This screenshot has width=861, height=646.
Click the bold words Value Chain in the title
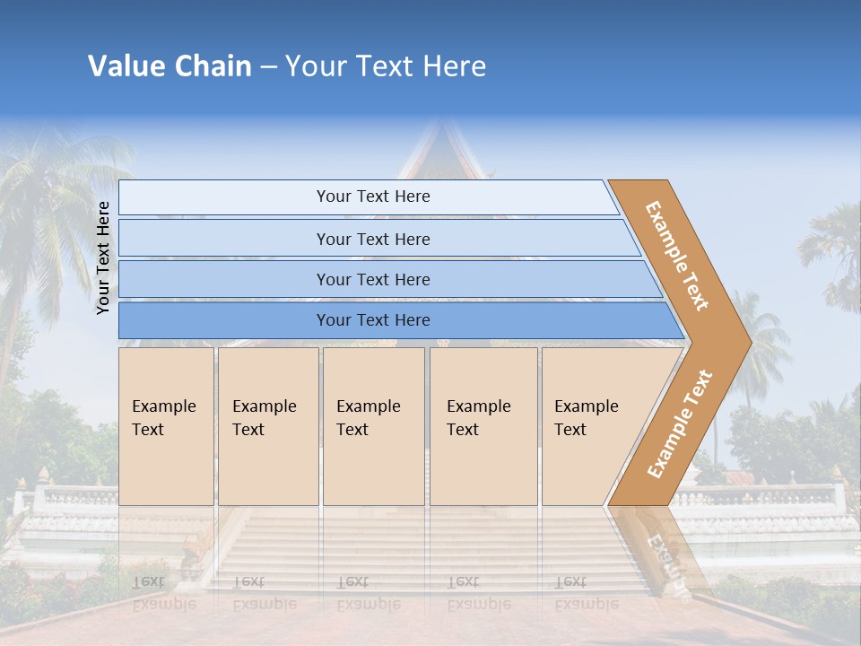tap(170, 66)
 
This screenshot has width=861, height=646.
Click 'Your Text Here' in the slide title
tap(386, 66)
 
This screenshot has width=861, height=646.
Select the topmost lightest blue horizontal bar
tap(372, 196)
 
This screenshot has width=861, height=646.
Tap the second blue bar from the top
tap(373, 239)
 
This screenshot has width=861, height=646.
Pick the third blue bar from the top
tap(373, 279)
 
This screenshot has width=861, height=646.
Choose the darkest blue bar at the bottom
tap(373, 320)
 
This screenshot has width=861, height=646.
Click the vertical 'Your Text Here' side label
tap(103, 258)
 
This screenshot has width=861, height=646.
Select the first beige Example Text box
tap(166, 426)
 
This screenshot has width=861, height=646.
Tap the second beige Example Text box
tap(267, 426)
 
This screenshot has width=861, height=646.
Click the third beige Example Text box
tap(373, 426)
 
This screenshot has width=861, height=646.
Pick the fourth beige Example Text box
tap(483, 426)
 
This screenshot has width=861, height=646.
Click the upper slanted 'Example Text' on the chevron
tap(678, 256)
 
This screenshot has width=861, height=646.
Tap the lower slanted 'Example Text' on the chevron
tap(680, 423)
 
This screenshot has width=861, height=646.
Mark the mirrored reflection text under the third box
tap(369, 593)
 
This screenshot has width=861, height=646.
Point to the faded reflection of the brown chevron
tap(664, 556)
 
